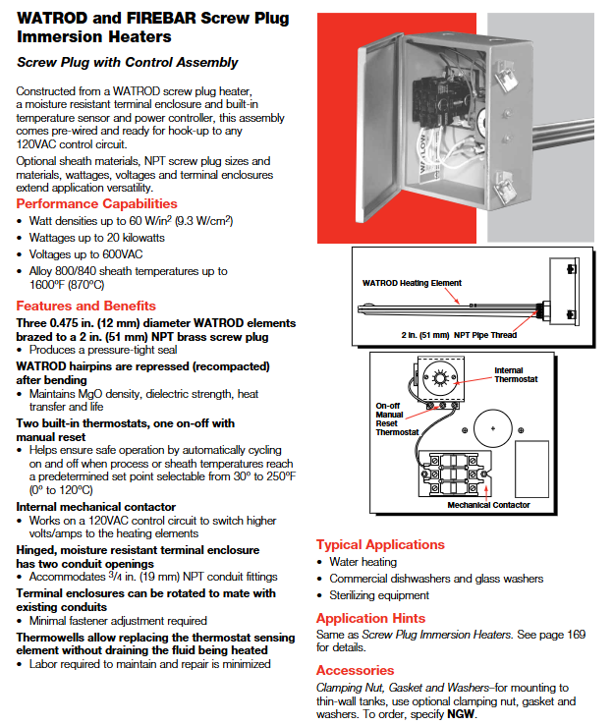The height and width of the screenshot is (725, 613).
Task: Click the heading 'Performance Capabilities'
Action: (x=97, y=203)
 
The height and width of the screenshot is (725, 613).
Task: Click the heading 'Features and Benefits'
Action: (x=85, y=306)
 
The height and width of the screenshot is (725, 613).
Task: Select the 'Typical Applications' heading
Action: (x=380, y=544)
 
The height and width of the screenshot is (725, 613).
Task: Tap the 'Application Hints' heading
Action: (x=370, y=618)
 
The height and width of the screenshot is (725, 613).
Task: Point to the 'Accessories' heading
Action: (x=355, y=670)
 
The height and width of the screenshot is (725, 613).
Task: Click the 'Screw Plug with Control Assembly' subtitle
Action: (x=128, y=63)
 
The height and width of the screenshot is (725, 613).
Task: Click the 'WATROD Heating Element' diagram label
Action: (x=412, y=283)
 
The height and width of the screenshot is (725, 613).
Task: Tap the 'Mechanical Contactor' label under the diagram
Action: (x=488, y=505)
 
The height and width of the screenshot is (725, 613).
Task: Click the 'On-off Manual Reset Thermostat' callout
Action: (x=398, y=418)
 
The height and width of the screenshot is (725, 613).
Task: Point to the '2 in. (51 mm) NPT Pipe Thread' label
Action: (x=459, y=335)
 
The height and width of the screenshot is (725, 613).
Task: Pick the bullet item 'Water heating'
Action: (x=363, y=562)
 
